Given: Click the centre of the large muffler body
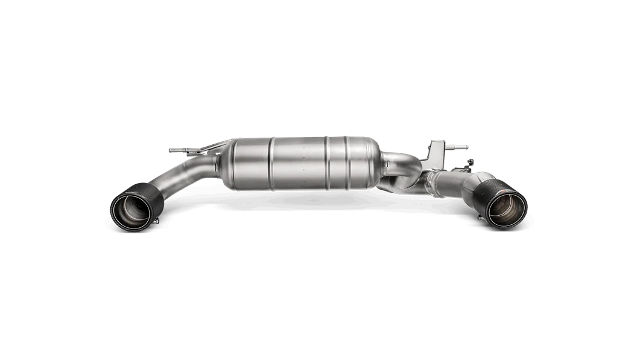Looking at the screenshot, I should (x=297, y=164).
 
